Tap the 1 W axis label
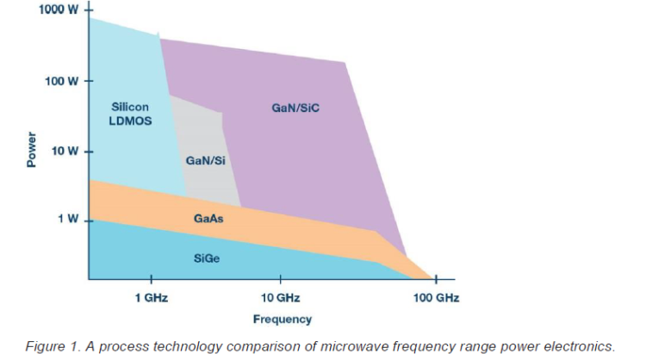click(67, 219)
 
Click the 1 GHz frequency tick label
click(151, 298)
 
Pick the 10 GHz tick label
click(280, 298)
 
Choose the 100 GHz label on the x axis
click(436, 298)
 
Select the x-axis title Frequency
click(282, 320)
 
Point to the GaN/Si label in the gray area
click(205, 160)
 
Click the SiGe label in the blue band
click(205, 258)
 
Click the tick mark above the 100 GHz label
click(436, 280)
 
